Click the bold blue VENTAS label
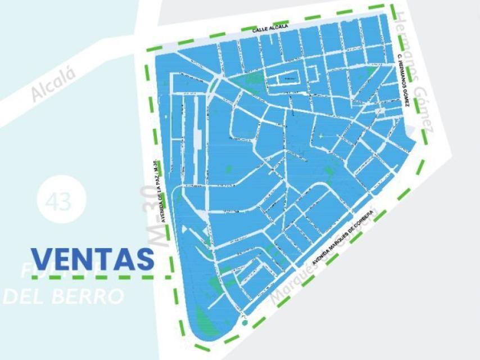click(93, 259)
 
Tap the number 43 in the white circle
click(60, 201)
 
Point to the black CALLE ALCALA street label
click(270, 28)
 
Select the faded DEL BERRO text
click(63, 296)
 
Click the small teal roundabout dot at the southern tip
click(244, 323)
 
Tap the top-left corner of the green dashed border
click(147, 50)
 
